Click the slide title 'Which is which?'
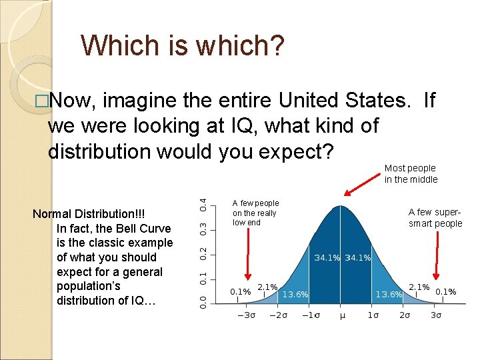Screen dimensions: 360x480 coord(182,45)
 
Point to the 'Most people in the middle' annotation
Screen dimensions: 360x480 coord(411,173)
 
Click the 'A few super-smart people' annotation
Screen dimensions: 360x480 coord(435,217)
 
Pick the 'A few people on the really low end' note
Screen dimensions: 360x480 coord(255,212)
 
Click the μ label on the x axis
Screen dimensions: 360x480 coord(343,316)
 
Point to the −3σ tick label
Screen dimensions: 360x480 coord(247,316)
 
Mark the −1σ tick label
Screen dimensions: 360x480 coord(310,316)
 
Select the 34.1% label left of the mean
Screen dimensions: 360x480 coord(327,257)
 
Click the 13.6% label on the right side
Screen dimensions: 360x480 coord(389,293)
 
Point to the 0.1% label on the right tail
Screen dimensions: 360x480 coord(445,291)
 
